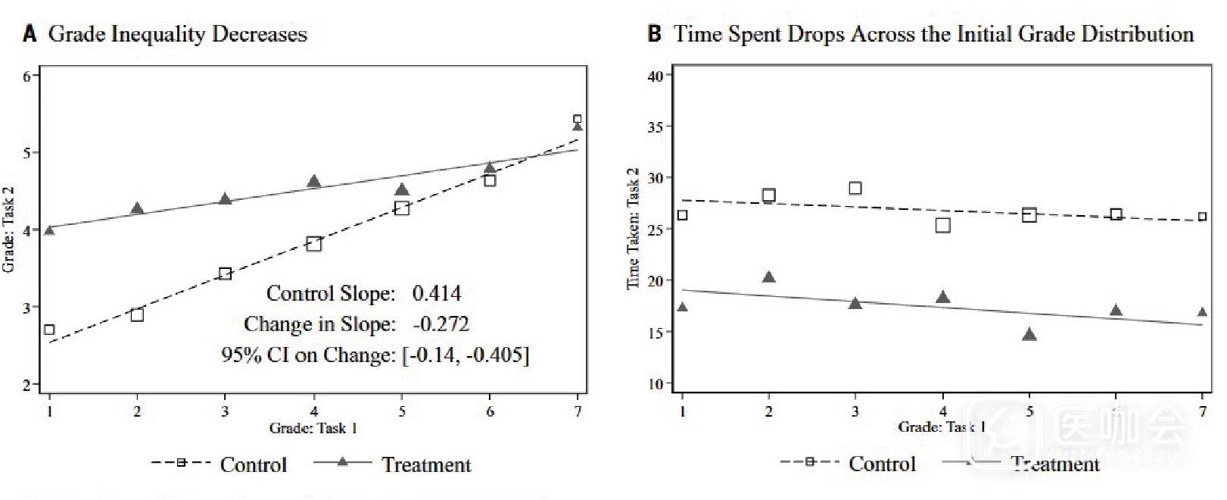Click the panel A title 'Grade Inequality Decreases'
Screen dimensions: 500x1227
click(x=177, y=34)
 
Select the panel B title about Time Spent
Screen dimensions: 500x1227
click(x=933, y=34)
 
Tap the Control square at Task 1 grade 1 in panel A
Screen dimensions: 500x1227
click(x=49, y=330)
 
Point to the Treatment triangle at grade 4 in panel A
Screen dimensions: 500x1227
click(x=314, y=182)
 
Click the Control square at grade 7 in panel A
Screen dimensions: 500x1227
click(x=578, y=119)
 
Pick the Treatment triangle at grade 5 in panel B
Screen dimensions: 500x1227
click(x=1029, y=335)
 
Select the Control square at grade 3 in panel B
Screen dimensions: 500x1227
click(x=855, y=188)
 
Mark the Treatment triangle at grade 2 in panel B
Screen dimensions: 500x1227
click(x=769, y=277)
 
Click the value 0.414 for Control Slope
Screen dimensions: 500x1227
click(x=437, y=293)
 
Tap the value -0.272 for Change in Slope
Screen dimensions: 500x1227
click(x=441, y=324)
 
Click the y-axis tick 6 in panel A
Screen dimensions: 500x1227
click(x=27, y=76)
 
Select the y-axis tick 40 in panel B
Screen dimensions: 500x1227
click(x=656, y=76)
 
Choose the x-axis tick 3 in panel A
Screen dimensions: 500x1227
click(x=225, y=411)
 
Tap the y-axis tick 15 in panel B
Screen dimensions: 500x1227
click(x=656, y=333)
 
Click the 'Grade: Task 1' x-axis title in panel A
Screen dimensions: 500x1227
click(x=313, y=428)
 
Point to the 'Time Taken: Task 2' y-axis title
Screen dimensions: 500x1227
click(x=633, y=228)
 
